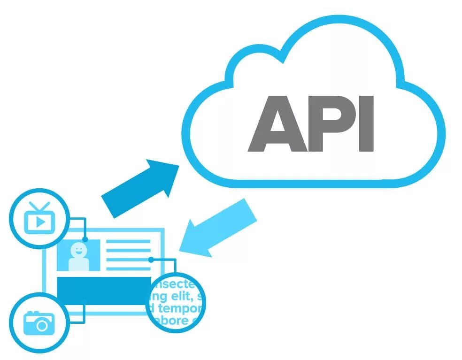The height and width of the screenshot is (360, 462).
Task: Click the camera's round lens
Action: [x=42, y=324]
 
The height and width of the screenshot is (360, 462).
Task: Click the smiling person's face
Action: [x=78, y=249]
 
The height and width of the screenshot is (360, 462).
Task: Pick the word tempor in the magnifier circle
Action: [x=180, y=308]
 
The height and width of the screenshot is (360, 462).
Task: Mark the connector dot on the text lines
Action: [x=151, y=260]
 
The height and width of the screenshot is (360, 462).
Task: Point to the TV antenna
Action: [x=39, y=206]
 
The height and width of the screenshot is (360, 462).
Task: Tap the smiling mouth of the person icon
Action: [x=78, y=252]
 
